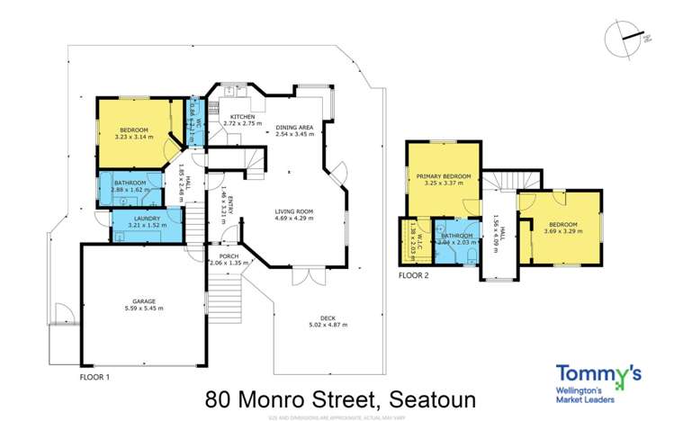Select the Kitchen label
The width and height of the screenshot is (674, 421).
tap(243, 117)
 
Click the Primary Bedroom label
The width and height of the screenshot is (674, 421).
tap(445, 176)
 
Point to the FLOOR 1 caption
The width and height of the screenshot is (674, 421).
tap(94, 376)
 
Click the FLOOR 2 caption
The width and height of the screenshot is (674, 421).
tap(413, 275)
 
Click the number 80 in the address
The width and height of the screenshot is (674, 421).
tap(220, 398)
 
